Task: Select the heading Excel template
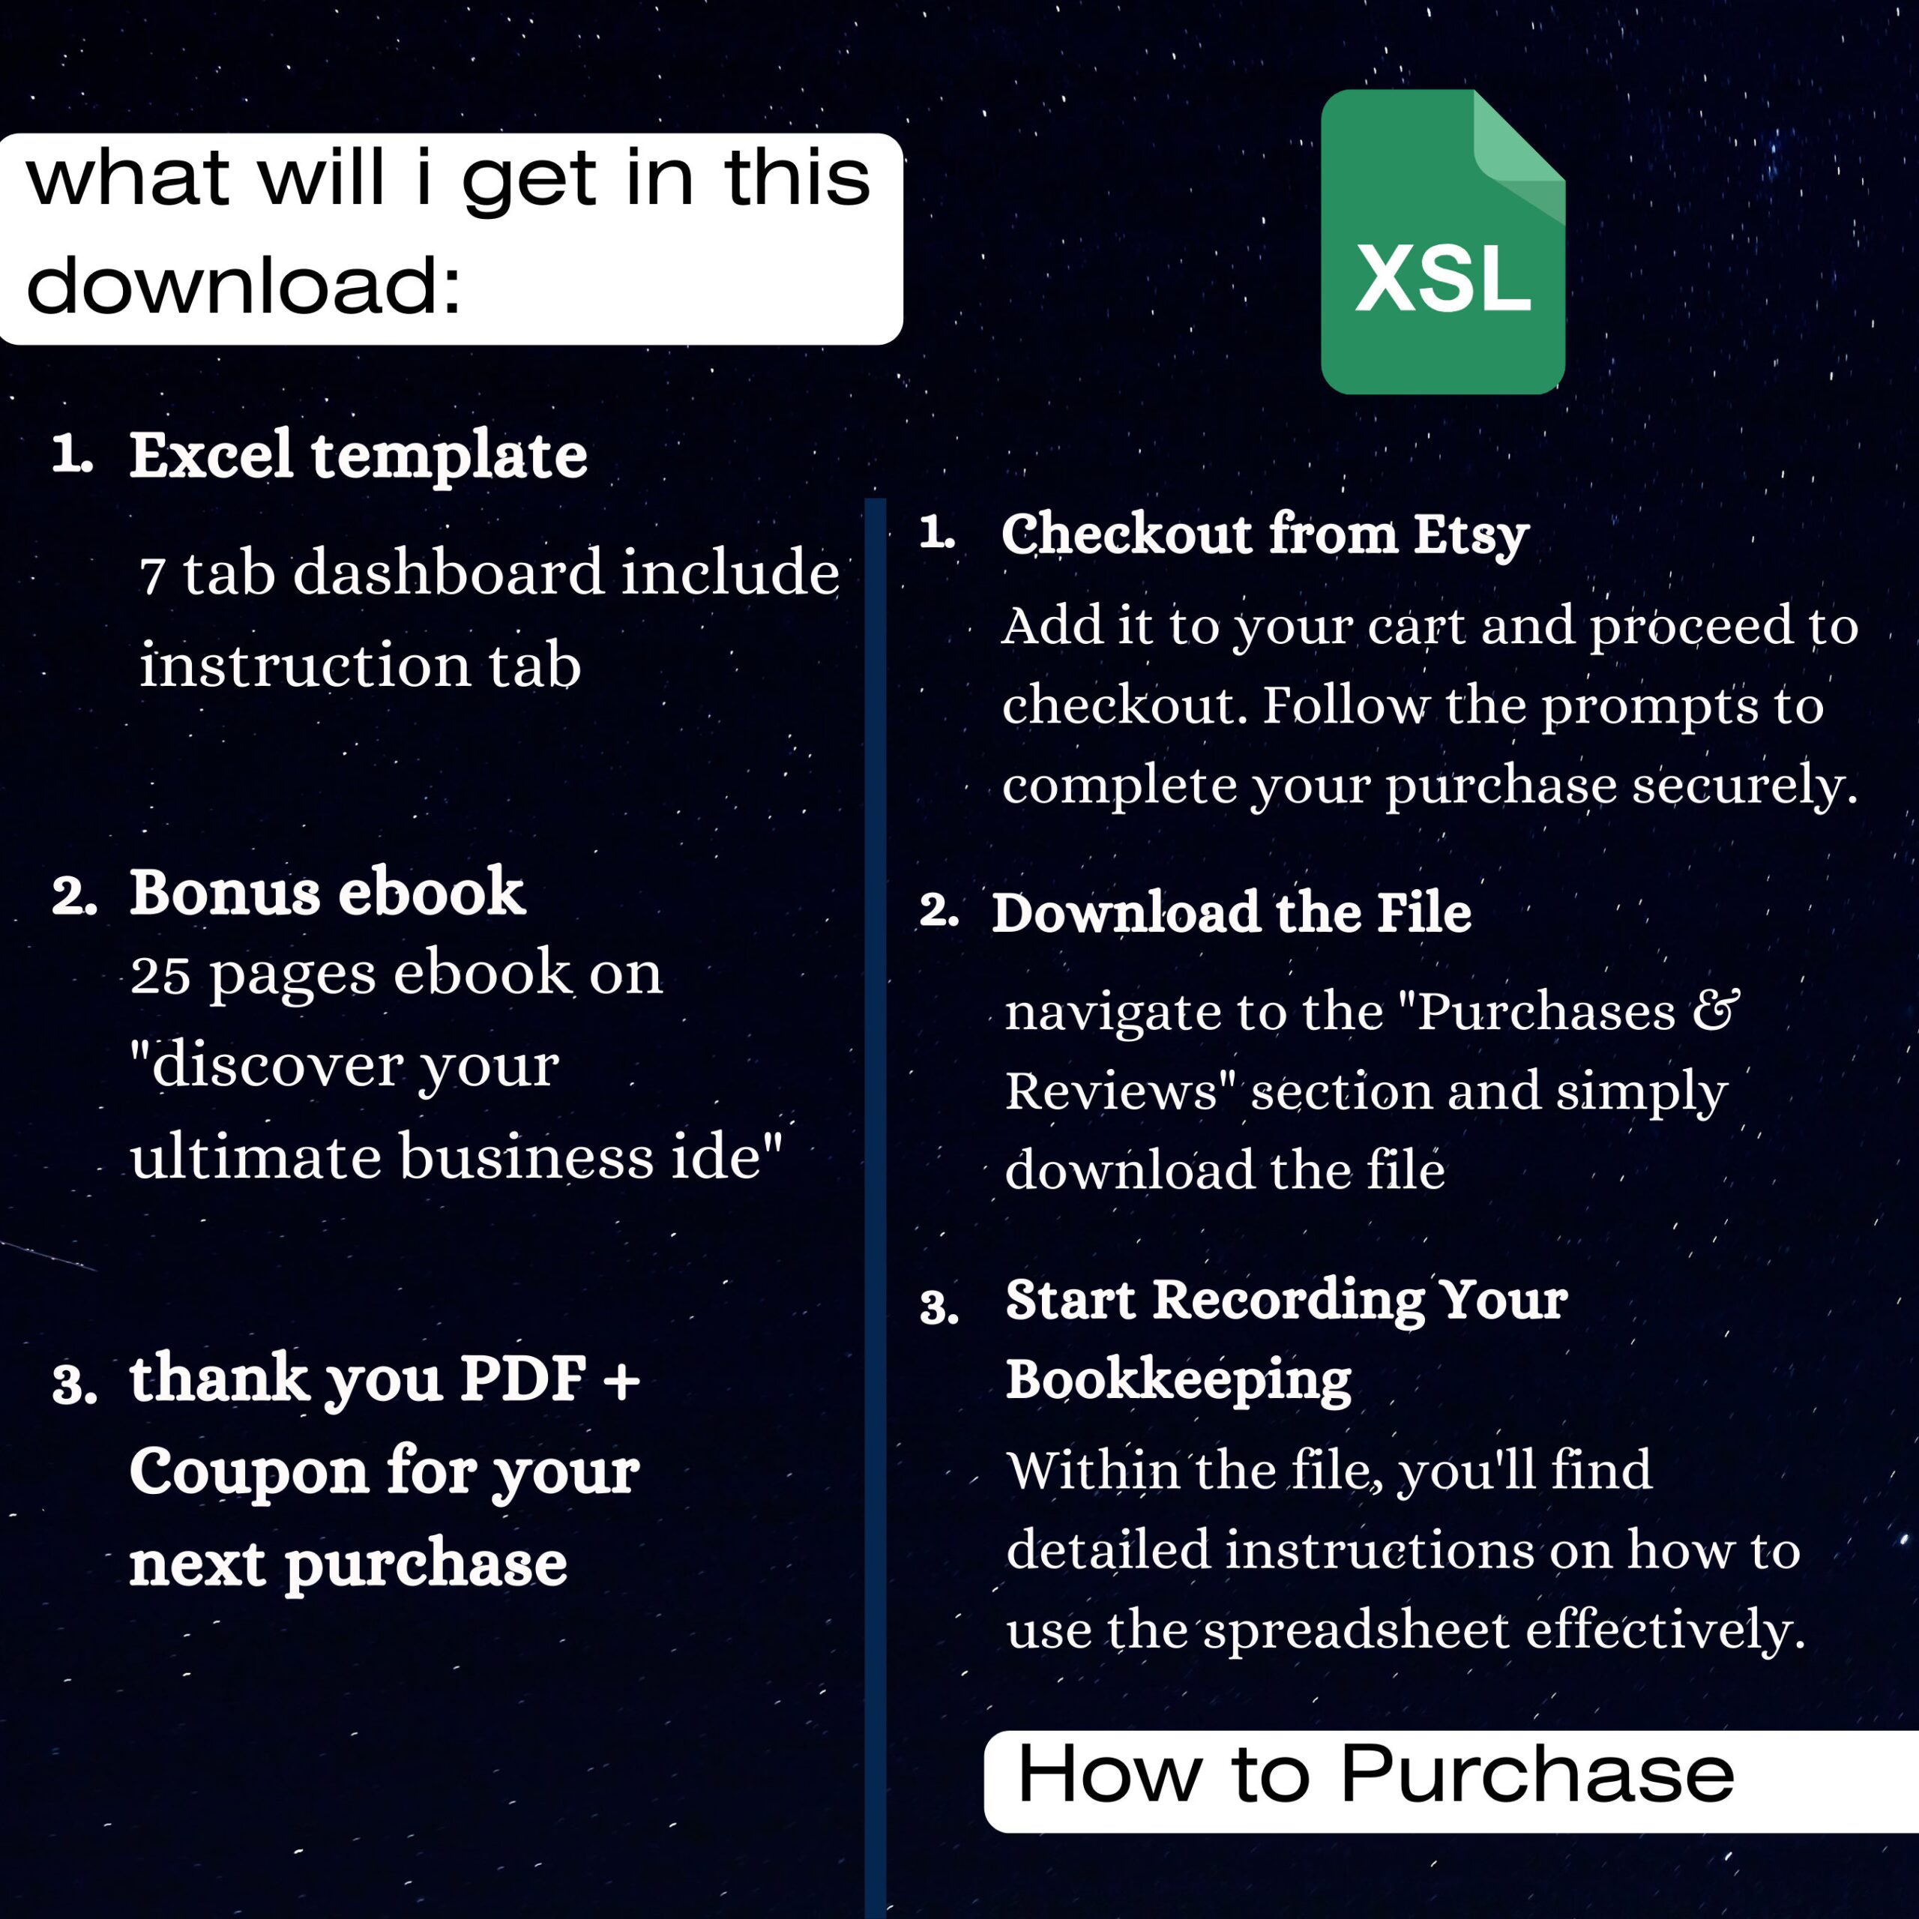358,456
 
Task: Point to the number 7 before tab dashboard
152,576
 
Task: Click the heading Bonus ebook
327,892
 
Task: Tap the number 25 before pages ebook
160,975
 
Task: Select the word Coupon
248,1471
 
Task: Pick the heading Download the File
1232,913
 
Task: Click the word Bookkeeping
1178,1379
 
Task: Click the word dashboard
448,573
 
